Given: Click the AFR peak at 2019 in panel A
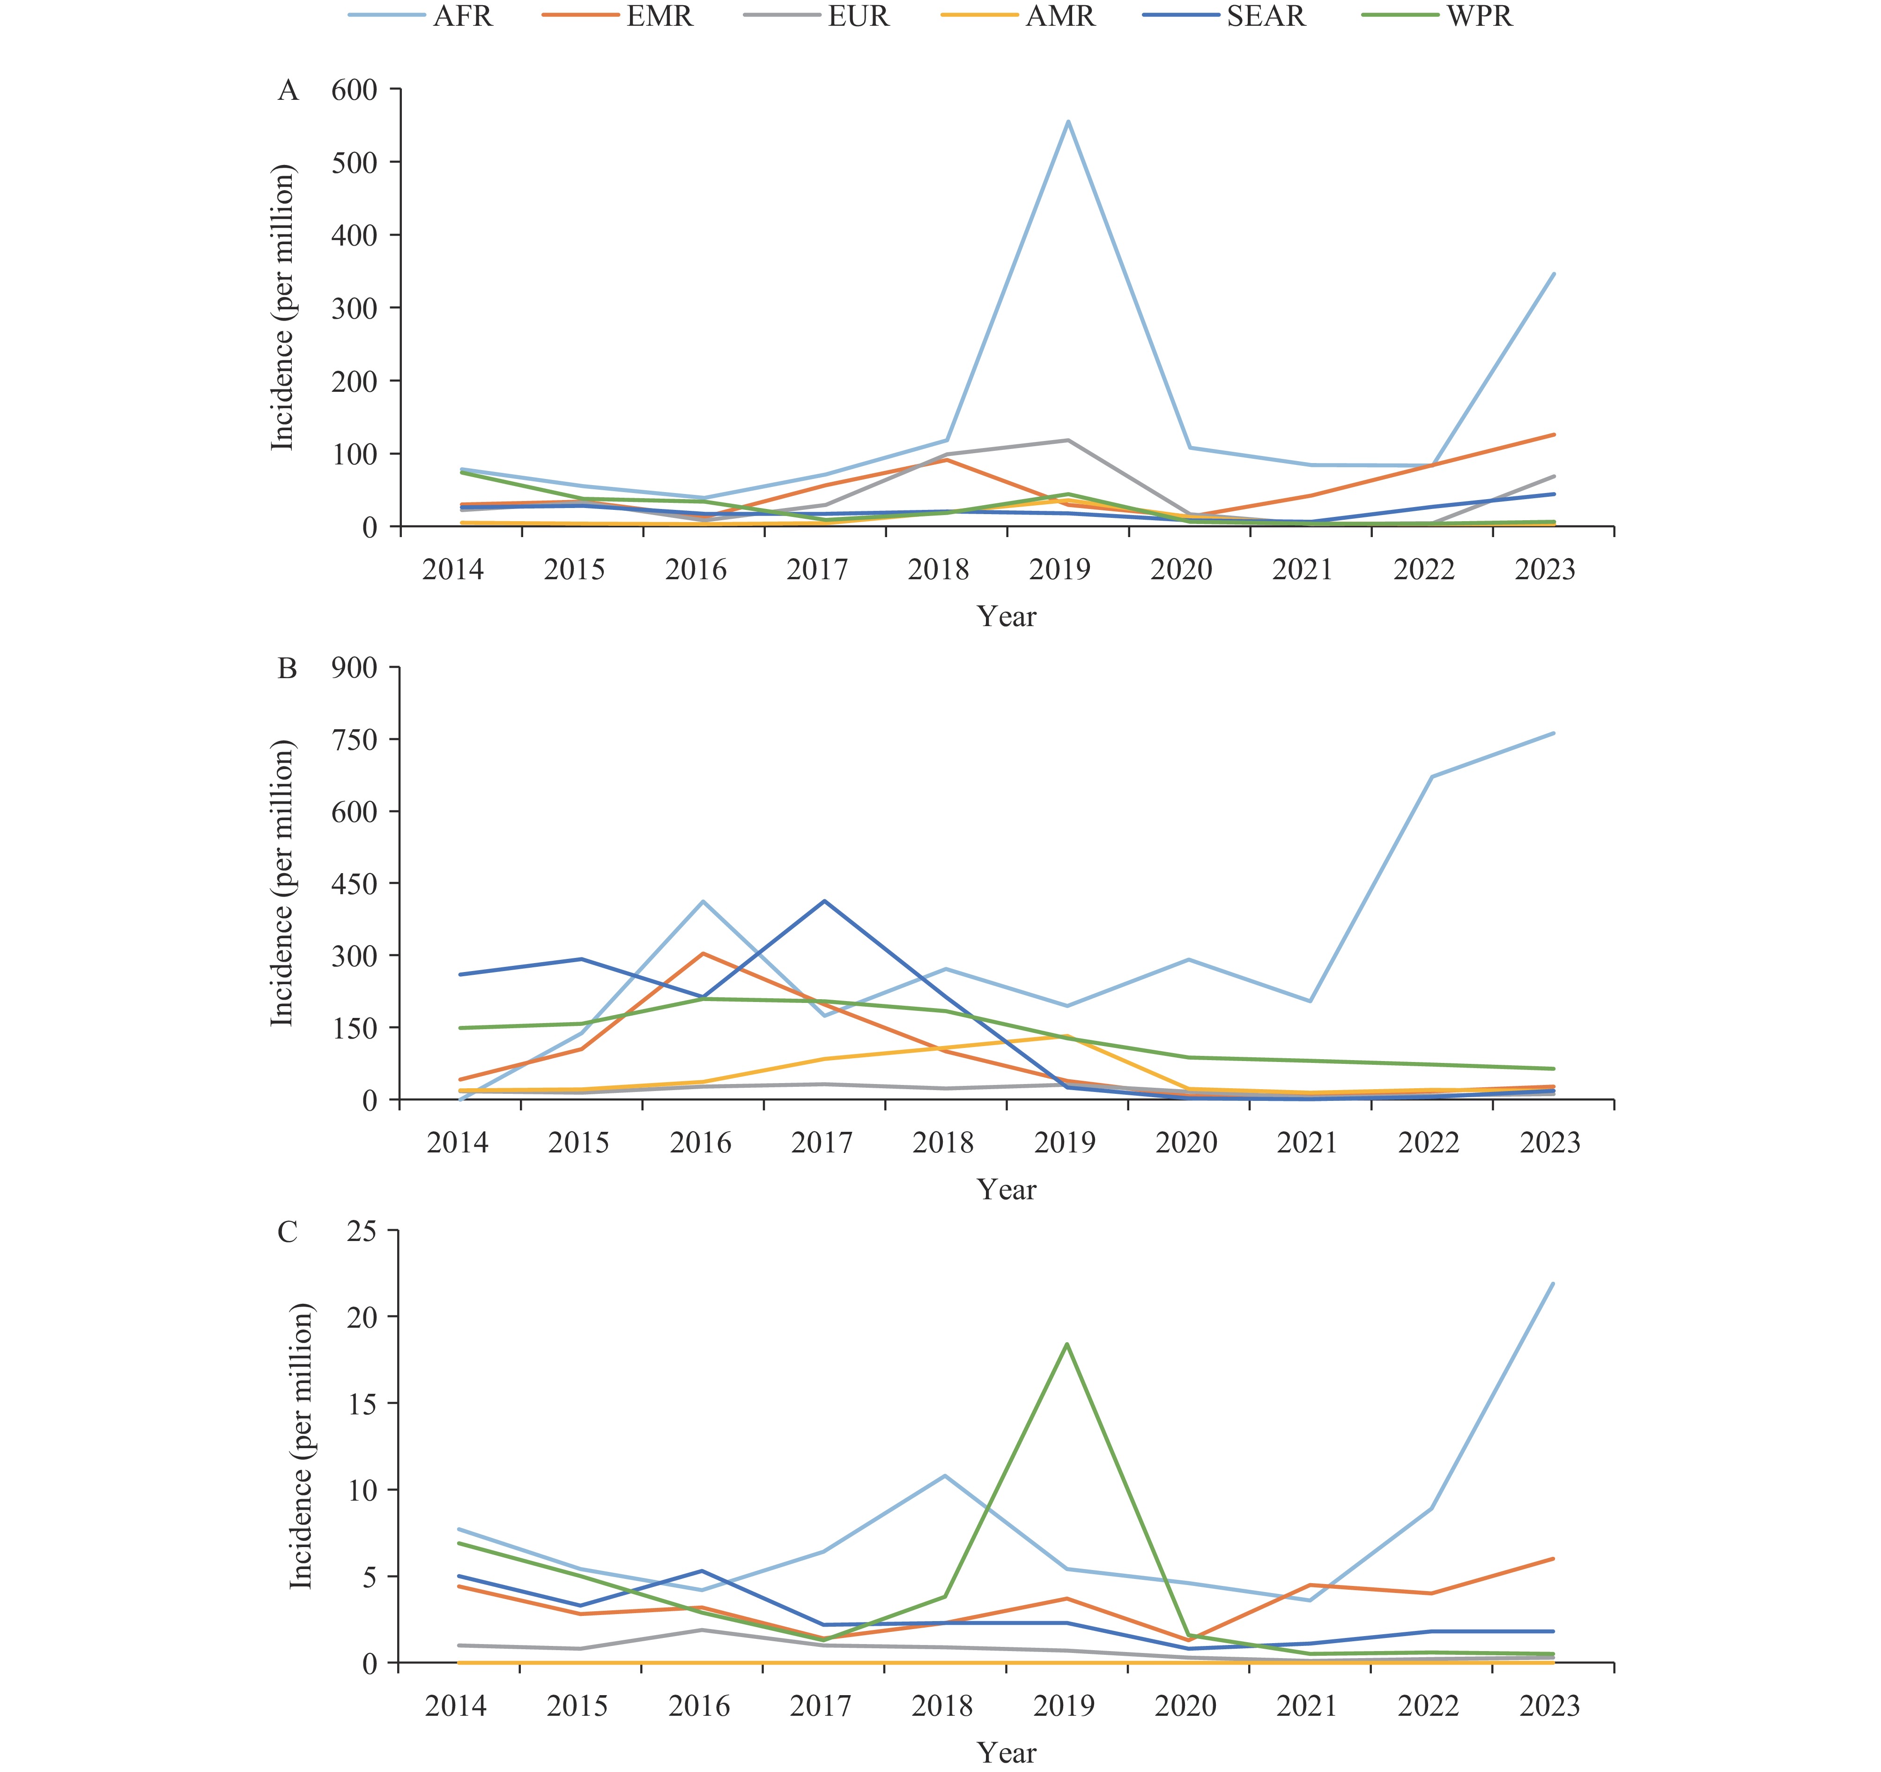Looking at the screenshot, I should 1067,121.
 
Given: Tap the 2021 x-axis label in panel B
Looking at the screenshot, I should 1307,1143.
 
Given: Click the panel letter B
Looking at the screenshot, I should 288,669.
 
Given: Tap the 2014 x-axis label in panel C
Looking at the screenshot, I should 456,1706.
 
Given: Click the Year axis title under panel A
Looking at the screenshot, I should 1007,617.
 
